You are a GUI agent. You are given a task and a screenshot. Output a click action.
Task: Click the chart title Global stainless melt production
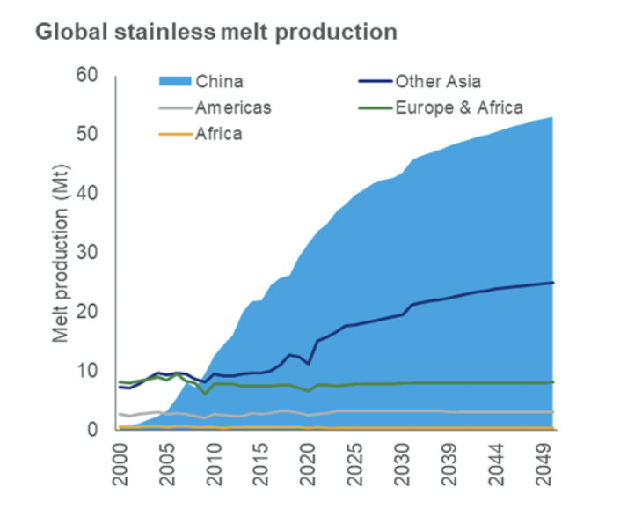point(215,33)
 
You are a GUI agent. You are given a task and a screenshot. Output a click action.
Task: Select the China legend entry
point(220,82)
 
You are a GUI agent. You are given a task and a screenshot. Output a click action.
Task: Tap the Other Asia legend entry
point(437,82)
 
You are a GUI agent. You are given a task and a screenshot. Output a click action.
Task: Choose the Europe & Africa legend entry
point(459,108)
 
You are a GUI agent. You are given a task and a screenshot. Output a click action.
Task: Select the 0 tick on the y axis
point(91,430)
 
